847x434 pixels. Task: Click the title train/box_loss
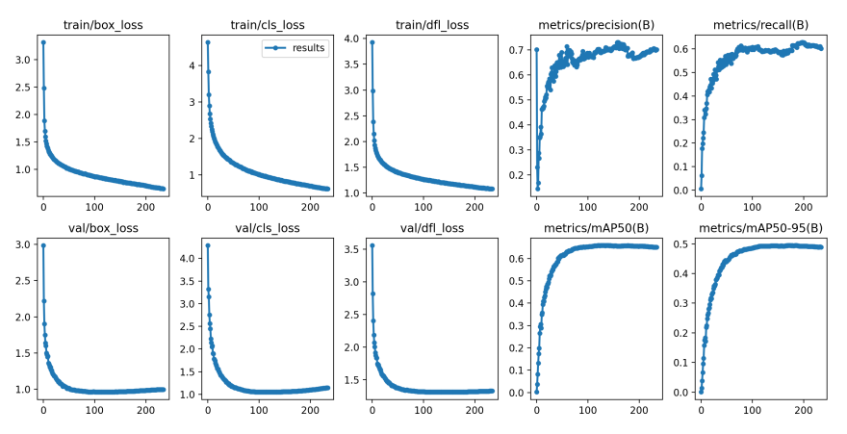(x=104, y=24)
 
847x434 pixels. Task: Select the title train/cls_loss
(x=268, y=24)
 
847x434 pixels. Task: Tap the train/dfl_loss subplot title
(x=432, y=24)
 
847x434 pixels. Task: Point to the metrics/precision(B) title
(x=597, y=24)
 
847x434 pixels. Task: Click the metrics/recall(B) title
(x=760, y=24)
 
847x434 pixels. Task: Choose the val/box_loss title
(x=104, y=228)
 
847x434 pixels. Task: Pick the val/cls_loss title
(x=268, y=228)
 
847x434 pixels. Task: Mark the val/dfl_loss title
(x=432, y=228)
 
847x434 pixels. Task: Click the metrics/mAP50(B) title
(x=597, y=228)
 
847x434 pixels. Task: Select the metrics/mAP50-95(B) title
(x=760, y=228)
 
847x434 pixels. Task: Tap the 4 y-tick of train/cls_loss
(x=192, y=66)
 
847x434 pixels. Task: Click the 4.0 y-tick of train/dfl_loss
(x=351, y=39)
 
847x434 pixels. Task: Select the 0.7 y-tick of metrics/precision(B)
(x=516, y=50)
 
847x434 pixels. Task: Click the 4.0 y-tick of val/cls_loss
(x=187, y=258)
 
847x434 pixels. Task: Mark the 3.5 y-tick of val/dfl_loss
(x=351, y=248)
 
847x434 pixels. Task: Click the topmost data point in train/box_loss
(x=43, y=42)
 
